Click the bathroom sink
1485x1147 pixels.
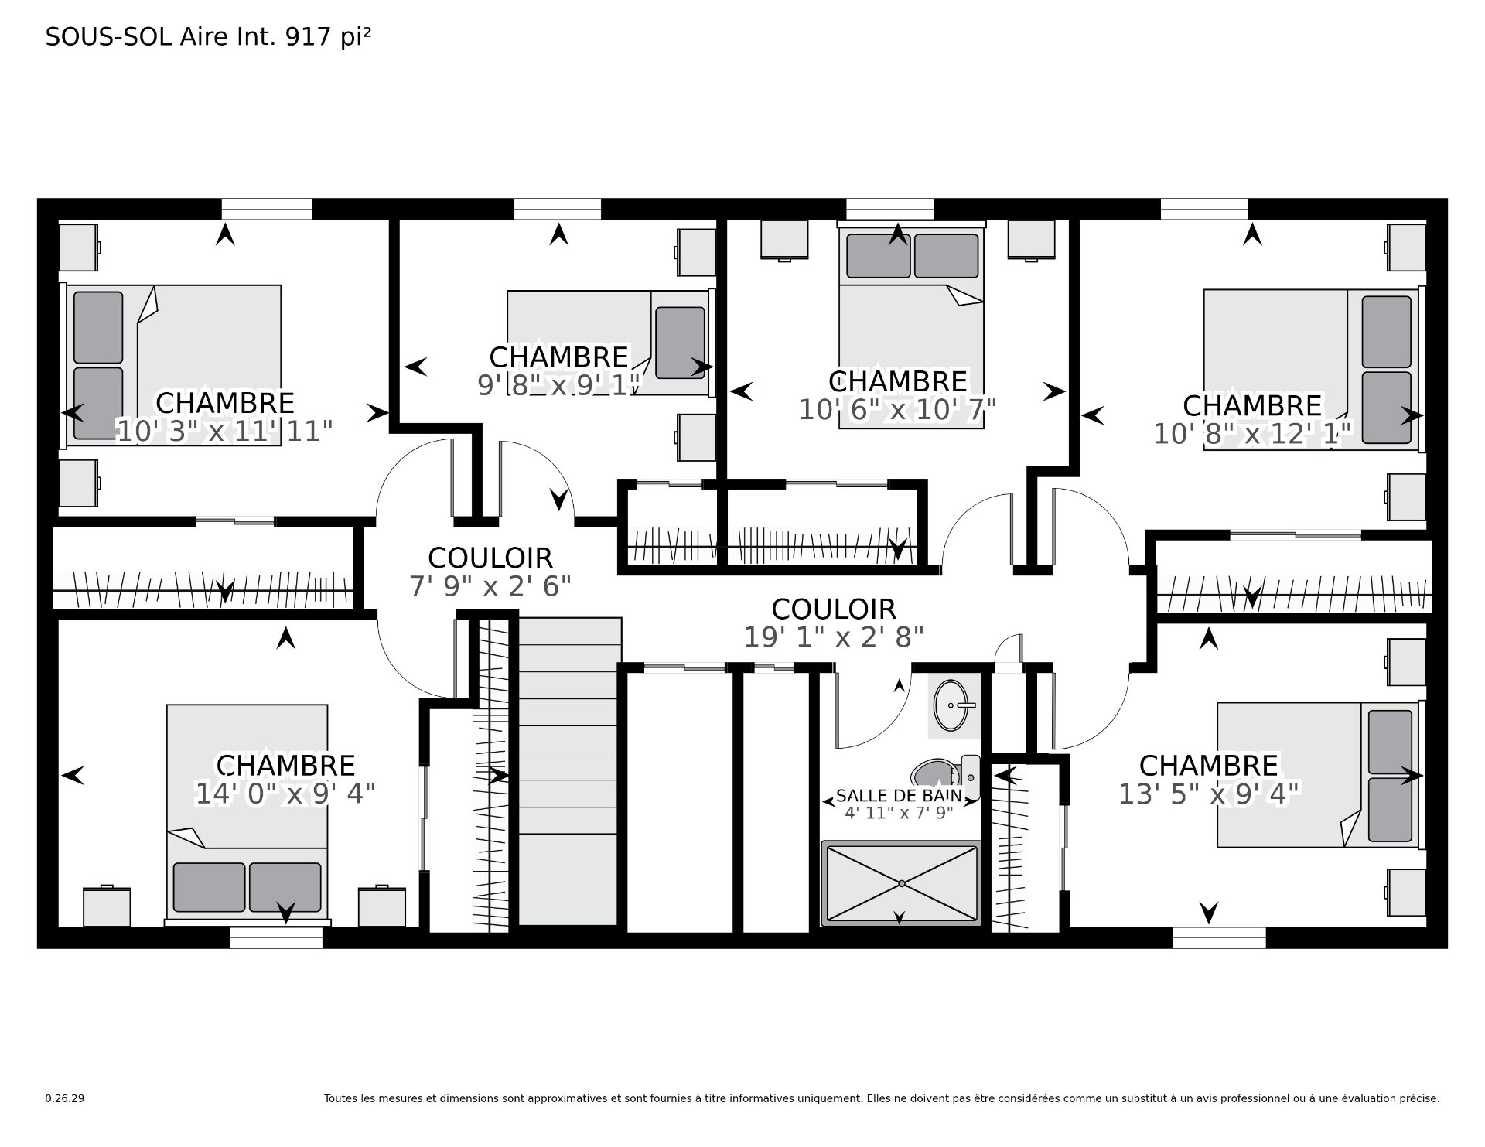click(951, 705)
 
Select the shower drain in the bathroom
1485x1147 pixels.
click(901, 883)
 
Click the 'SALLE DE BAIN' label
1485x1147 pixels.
click(899, 795)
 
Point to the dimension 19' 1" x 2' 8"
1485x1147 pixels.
click(834, 637)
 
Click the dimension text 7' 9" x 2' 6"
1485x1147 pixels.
click(490, 586)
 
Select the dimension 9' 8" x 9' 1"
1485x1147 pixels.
click(559, 384)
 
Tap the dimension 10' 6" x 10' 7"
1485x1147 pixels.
click(897, 409)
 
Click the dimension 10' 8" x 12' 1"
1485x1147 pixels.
click(1252, 434)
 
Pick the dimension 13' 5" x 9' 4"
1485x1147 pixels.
click(1209, 794)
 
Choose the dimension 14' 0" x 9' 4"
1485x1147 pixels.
click(285, 794)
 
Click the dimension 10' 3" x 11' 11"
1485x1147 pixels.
click(224, 431)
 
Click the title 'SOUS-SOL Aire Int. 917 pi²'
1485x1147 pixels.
click(208, 37)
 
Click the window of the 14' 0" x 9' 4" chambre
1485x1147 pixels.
click(276, 938)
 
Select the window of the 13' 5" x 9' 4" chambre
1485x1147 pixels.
click(1219, 938)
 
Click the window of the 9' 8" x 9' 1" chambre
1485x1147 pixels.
click(557, 209)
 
